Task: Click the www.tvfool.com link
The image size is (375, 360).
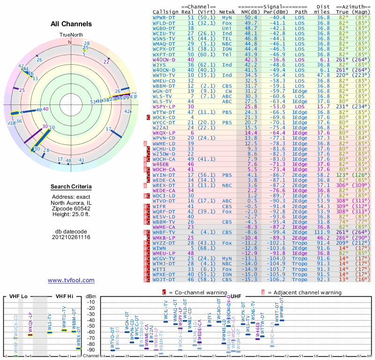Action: (71, 280)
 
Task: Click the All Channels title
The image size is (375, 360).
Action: (71, 24)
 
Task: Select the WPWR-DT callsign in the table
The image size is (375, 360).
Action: (164, 17)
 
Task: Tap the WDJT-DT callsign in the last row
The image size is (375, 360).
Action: (164, 279)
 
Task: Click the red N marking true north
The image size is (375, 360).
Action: (70, 42)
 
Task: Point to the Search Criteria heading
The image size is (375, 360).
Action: (71, 187)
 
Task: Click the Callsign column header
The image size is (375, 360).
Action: (165, 11)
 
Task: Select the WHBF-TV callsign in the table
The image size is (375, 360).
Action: (164, 232)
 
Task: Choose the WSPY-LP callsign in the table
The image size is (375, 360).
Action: (164, 107)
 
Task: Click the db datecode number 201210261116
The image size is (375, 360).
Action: (71, 237)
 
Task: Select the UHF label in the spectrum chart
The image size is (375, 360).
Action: (237, 297)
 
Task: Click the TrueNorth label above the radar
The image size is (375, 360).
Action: (71, 36)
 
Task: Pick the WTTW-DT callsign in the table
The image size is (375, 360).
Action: (164, 112)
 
